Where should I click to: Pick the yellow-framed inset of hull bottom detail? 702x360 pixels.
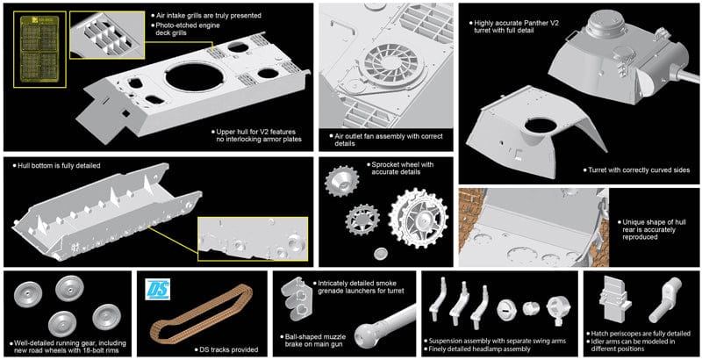(x=252, y=240)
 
